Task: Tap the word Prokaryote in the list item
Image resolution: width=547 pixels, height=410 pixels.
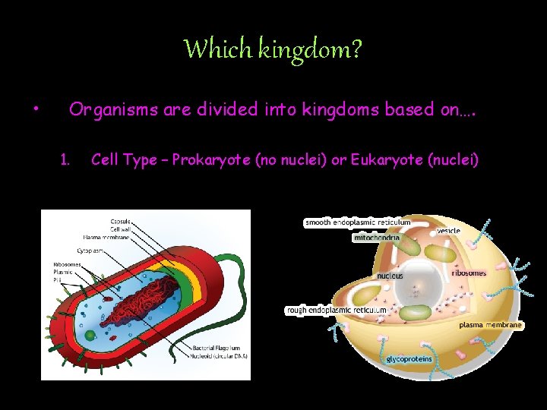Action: pos(210,159)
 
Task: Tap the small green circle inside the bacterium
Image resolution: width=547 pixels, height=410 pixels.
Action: pos(91,334)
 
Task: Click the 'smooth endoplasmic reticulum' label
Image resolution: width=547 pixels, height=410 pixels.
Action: pos(357,222)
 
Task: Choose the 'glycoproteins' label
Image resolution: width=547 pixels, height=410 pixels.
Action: pos(409,358)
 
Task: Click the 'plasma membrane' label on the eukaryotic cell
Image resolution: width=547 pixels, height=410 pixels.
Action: pos(491,325)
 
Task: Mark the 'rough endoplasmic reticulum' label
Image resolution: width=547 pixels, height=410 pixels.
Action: pos(336,310)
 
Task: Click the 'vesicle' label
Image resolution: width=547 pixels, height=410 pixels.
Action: pos(447,230)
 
